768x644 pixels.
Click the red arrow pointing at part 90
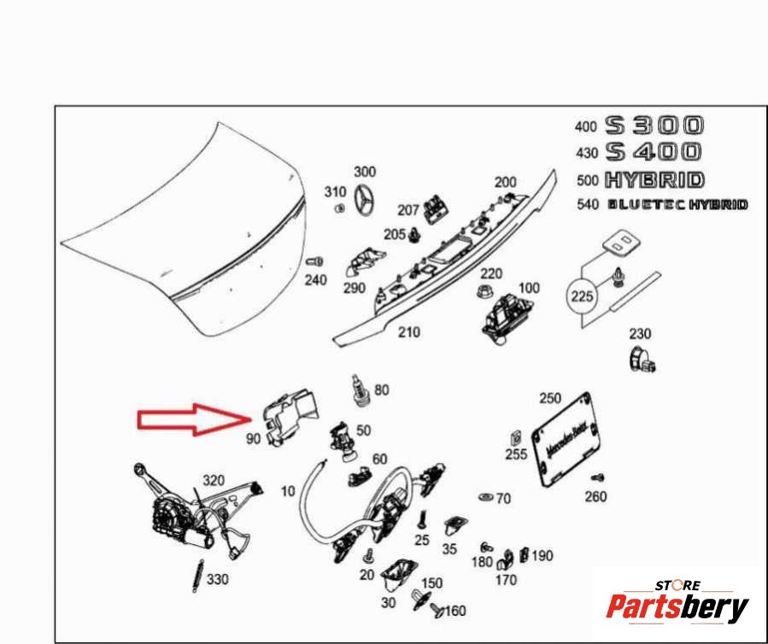pyautogui.click(x=193, y=419)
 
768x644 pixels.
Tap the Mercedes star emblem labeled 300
pyautogui.click(x=365, y=200)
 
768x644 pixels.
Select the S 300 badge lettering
pyautogui.click(x=654, y=126)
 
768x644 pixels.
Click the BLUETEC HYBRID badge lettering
pyautogui.click(x=678, y=204)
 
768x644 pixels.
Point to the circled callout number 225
pyautogui.click(x=582, y=296)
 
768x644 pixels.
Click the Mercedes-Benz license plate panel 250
pyautogui.click(x=566, y=440)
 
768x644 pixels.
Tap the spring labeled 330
pyautogui.click(x=197, y=576)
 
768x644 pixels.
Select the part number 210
pyautogui.click(x=409, y=332)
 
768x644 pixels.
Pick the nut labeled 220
pyautogui.click(x=484, y=293)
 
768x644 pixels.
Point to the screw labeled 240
pyautogui.click(x=314, y=262)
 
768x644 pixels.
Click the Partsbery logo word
pyautogui.click(x=677, y=607)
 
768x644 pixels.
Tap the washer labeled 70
pyautogui.click(x=486, y=498)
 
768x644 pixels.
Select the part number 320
pyautogui.click(x=214, y=480)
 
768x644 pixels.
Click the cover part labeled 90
pyautogui.click(x=290, y=418)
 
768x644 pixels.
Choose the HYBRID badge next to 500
pyautogui.click(x=655, y=180)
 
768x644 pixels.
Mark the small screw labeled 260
pyautogui.click(x=598, y=477)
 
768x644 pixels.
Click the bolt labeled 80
pyautogui.click(x=360, y=391)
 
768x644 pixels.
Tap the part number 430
pyautogui.click(x=587, y=153)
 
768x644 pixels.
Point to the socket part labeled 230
pyautogui.click(x=642, y=359)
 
